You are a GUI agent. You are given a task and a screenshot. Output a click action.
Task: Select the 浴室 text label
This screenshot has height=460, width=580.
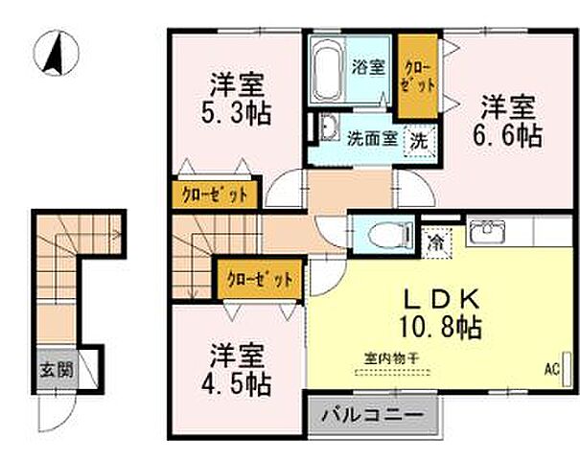click(370, 69)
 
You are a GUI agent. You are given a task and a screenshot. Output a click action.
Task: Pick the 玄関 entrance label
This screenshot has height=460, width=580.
click(54, 369)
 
